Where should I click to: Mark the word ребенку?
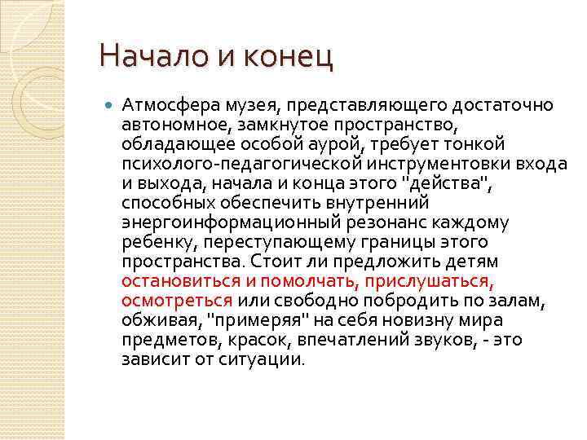coord(157,242)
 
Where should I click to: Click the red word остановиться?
coord(180,281)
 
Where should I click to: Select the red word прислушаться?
coord(428,281)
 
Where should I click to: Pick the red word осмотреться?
coord(176,301)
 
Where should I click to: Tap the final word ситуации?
coord(263,359)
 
